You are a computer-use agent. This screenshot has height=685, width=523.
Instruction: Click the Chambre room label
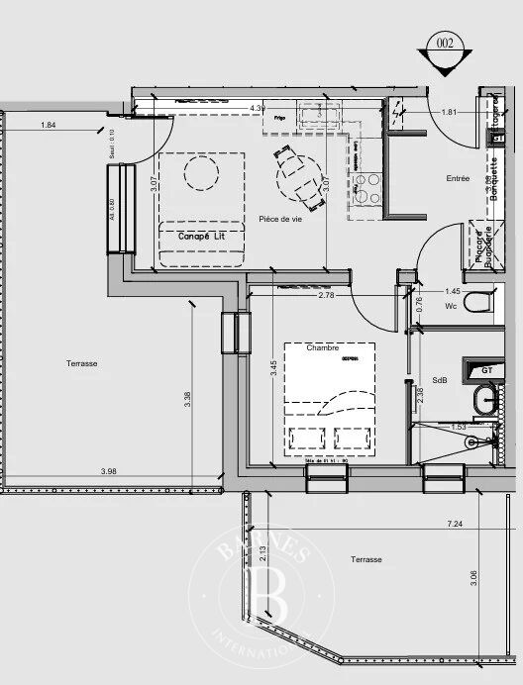coord(323,348)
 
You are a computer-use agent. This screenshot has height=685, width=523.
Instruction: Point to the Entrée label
coord(458,178)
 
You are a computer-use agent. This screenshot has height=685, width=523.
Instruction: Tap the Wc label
coord(451,307)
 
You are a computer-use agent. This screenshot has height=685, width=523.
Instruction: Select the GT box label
coord(487,370)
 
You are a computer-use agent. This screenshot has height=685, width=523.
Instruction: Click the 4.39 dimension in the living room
coord(258,108)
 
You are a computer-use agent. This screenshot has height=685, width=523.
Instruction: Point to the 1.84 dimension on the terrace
coord(49,126)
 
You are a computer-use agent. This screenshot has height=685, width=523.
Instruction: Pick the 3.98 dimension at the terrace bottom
coord(110,471)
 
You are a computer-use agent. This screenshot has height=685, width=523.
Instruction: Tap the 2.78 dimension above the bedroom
coord(325,296)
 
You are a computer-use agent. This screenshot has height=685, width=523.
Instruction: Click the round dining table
coord(297,178)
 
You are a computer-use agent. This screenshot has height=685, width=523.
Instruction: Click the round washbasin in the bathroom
coord(486,400)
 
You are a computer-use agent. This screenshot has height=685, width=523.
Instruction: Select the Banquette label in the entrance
coord(493,179)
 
